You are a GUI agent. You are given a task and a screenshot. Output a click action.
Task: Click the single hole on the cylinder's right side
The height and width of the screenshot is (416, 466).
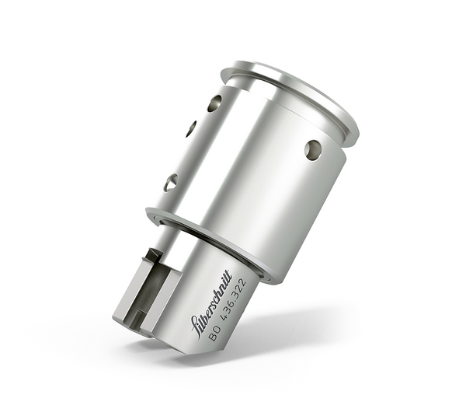[x=313, y=149]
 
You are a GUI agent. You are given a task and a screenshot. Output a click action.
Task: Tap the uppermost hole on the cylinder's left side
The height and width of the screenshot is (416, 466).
[x=214, y=103]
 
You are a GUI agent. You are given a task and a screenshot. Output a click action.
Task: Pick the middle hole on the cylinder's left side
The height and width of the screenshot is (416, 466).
[x=191, y=129]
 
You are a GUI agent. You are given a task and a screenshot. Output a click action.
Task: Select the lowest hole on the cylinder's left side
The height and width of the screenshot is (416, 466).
[x=171, y=183]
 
